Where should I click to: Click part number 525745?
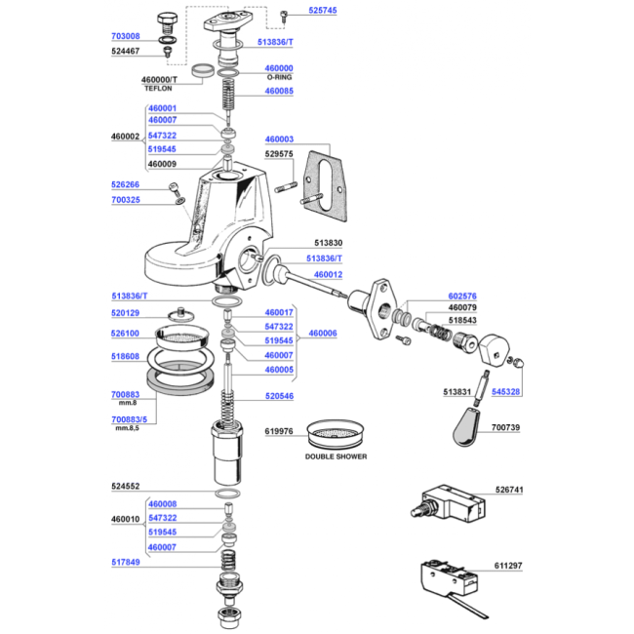[x=322, y=11]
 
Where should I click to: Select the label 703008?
[x=126, y=36]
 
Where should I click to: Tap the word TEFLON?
[x=158, y=88]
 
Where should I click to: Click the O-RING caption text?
[x=279, y=77]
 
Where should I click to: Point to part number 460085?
[x=279, y=91]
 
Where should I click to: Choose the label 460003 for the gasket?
[x=279, y=139]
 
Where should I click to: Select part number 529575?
[x=279, y=154]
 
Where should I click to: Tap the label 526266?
[x=126, y=184]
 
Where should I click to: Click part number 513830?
[x=329, y=243]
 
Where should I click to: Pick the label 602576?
[x=462, y=296]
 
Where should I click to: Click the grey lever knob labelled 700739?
[x=466, y=427]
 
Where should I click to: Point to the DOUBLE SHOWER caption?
[x=336, y=456]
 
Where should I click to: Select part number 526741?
[x=509, y=490]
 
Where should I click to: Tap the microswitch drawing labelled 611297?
[x=452, y=583]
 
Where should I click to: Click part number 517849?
[x=126, y=562]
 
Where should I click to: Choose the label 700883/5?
[x=129, y=419]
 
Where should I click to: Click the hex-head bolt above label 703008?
[x=167, y=23]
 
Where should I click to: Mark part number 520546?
[x=279, y=396]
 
